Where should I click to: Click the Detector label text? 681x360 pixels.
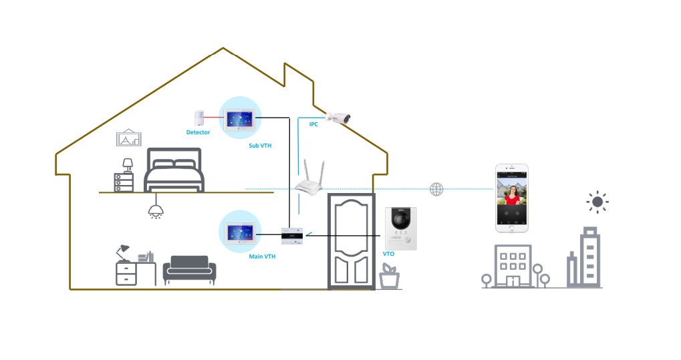coord(198,132)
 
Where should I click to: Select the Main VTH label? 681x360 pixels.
coord(261,256)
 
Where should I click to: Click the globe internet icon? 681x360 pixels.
coord(436,189)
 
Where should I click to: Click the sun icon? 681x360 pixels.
coord(597,202)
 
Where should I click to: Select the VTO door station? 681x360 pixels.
coord(401,228)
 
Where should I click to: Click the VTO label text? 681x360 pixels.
coord(388,254)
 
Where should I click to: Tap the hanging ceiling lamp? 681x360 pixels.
coord(156,210)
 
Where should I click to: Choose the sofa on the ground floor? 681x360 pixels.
coord(190,270)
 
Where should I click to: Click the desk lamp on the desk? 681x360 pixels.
coord(122,252)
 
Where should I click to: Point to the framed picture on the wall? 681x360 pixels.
coord(128,138)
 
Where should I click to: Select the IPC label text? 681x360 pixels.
coord(313,124)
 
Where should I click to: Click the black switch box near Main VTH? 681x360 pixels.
coord(292,235)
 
